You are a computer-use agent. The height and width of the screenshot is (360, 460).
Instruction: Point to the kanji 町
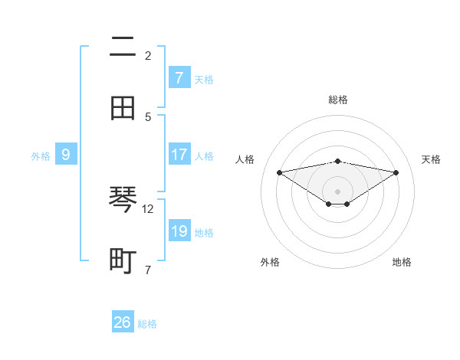123,260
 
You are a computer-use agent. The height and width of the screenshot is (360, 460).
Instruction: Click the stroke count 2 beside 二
148,55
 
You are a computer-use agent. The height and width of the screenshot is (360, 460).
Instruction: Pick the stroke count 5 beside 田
148,116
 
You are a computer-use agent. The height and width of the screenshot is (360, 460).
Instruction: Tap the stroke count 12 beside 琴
148,208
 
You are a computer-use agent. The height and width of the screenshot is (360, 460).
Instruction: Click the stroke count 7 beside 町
148,270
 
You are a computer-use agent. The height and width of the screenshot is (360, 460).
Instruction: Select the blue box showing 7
179,77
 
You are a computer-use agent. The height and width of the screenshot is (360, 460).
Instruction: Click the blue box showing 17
179,155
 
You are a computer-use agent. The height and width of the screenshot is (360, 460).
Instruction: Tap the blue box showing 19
179,231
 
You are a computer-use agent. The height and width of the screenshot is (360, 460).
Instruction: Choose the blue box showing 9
66,155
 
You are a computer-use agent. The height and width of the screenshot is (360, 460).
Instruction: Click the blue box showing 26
123,322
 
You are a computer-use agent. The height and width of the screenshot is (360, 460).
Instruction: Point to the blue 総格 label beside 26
147,324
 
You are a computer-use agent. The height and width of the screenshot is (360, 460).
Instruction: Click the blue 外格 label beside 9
41,156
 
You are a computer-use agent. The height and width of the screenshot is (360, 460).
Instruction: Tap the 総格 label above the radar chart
338,100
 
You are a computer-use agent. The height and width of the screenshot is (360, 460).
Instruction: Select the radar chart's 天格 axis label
431,159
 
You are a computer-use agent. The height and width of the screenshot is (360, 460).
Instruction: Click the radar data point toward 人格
279,172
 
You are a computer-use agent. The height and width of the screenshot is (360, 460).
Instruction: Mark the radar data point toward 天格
396,172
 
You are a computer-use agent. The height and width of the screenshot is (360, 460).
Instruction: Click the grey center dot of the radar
338,191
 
